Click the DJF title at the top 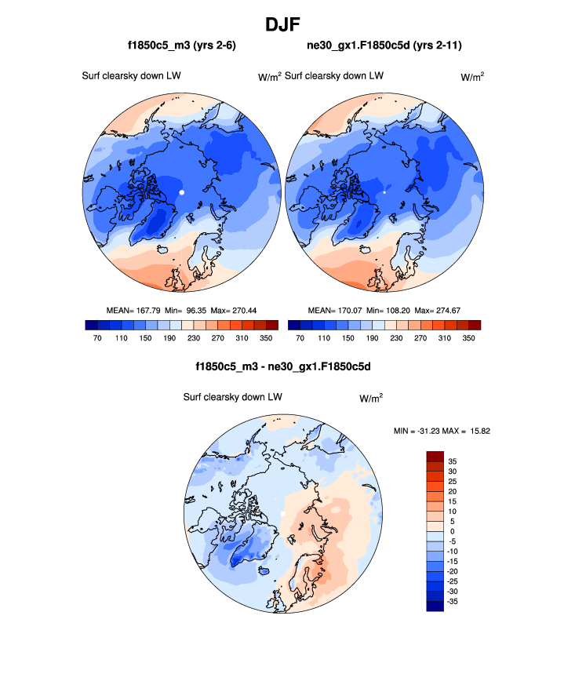coord(287,24)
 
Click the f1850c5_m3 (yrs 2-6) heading coord(182,46)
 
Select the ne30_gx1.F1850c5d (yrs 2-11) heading coord(384,46)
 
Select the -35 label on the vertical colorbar coord(453,601)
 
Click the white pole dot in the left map coord(181,191)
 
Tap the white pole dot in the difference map coord(282,514)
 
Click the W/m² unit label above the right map coord(472,77)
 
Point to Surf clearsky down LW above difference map coord(232,398)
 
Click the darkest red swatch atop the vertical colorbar coord(435,456)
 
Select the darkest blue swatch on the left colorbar coord(90,325)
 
